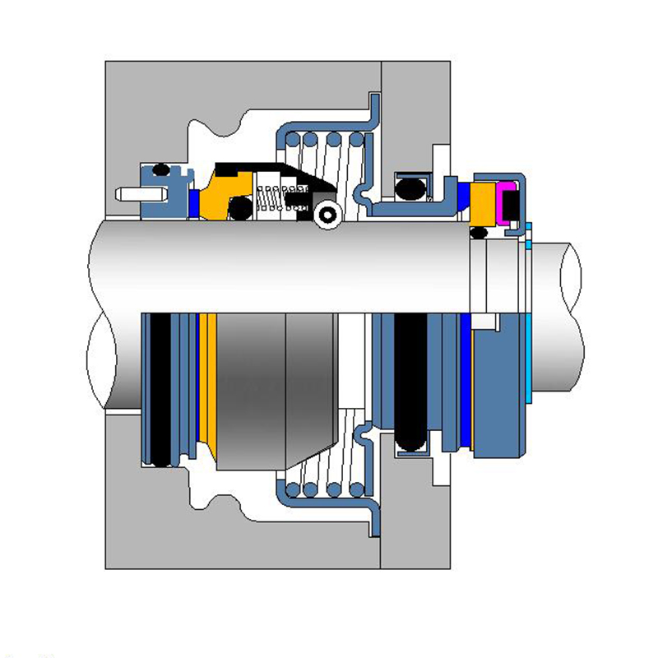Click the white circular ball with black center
(328, 215)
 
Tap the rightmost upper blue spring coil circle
(356, 141)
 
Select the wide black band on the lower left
(160, 387)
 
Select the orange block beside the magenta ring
(480, 203)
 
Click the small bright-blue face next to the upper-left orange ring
(194, 204)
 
